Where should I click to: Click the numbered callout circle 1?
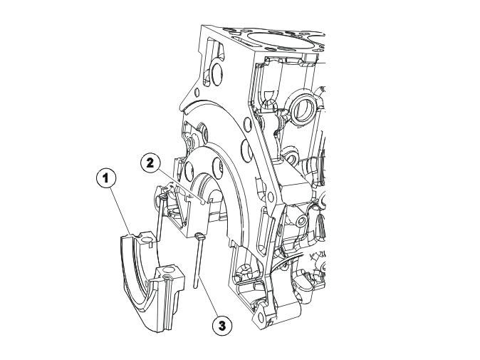point(106,178)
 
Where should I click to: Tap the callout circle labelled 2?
point(150,163)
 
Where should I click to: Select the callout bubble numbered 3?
point(221,326)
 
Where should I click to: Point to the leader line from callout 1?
point(121,212)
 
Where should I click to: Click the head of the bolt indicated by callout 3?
point(199,236)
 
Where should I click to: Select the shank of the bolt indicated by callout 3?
point(197,264)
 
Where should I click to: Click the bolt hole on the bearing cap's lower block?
point(168,270)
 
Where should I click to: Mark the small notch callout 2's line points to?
point(202,201)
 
